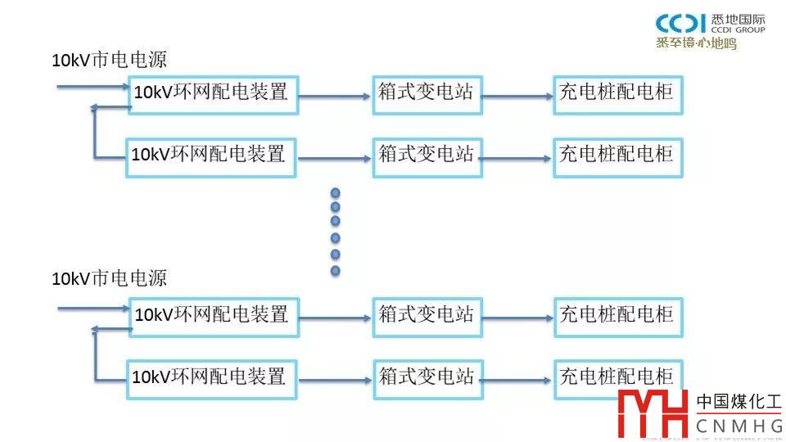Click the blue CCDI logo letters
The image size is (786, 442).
click(x=681, y=24)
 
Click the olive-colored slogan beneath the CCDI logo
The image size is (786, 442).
click(x=696, y=43)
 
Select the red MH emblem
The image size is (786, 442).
click(x=653, y=414)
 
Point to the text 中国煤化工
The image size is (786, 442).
click(x=739, y=403)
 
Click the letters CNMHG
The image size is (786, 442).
click(x=739, y=426)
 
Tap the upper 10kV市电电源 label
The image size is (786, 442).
click(x=109, y=60)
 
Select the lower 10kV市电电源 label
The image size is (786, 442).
click(x=109, y=278)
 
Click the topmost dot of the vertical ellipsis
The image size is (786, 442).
click(x=335, y=194)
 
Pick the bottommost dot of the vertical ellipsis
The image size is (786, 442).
click(x=335, y=270)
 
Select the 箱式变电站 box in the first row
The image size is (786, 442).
click(x=426, y=92)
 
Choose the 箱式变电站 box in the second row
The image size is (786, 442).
click(x=427, y=154)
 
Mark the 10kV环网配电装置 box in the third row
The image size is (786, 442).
click(x=213, y=315)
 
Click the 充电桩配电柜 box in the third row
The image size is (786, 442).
click(x=617, y=314)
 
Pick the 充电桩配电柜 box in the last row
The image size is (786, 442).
click(x=618, y=377)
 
